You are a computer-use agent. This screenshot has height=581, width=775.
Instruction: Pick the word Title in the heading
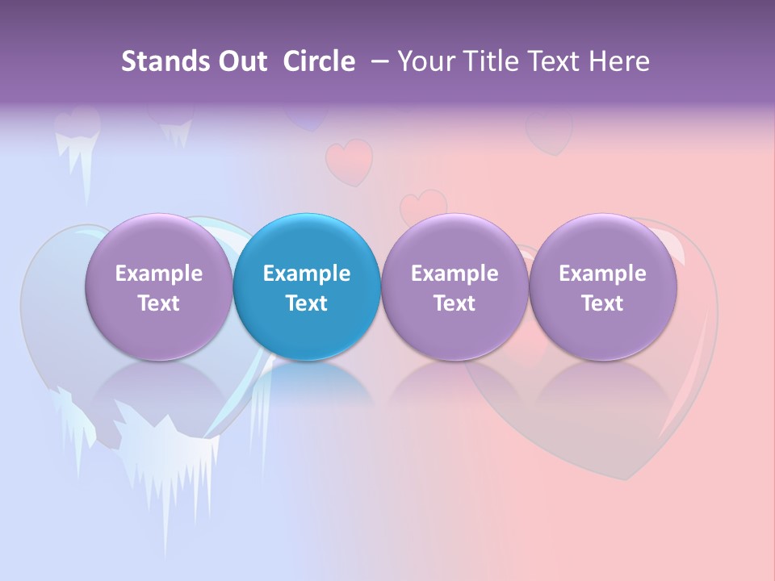point(486,61)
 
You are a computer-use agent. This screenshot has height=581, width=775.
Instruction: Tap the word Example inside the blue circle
point(307,274)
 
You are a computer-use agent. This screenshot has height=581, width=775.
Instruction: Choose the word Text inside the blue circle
point(307,303)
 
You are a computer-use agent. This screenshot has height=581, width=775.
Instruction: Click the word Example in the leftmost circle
point(159,274)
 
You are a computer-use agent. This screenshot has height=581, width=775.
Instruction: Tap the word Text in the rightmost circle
point(603,303)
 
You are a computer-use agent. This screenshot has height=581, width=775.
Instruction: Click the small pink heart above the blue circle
point(349,160)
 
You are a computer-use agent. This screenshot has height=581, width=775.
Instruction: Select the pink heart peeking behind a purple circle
point(424,205)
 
